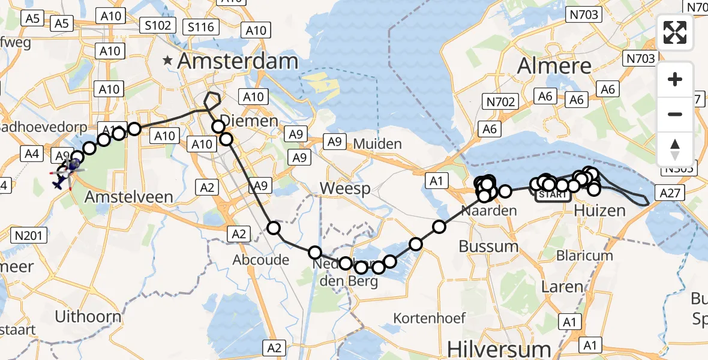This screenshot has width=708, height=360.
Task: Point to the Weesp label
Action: point(343,188)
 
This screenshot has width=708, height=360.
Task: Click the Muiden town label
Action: point(377,143)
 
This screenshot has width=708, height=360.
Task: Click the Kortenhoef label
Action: point(430,318)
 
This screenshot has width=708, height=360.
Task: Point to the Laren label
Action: point(562,287)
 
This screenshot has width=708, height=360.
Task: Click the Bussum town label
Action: point(488,246)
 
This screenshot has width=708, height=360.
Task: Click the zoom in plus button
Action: point(675,79)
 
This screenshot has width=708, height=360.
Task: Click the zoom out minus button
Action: point(675,114)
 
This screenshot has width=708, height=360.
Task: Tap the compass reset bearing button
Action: point(675,149)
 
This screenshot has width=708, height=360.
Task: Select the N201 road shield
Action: point(29,236)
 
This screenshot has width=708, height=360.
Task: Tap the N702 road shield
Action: point(501,101)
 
